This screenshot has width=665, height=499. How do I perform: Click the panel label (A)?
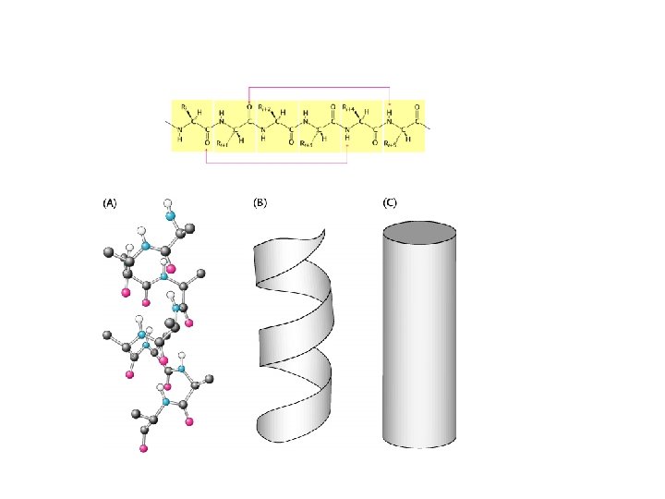(x=109, y=201)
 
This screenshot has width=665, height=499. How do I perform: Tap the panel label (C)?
(x=390, y=201)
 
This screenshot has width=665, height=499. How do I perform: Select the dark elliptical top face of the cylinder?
(x=419, y=231)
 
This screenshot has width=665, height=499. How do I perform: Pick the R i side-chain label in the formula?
(x=186, y=107)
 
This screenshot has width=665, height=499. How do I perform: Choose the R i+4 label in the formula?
(x=349, y=107)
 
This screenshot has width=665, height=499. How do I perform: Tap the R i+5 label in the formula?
(x=391, y=145)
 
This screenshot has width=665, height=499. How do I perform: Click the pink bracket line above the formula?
(x=319, y=87)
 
